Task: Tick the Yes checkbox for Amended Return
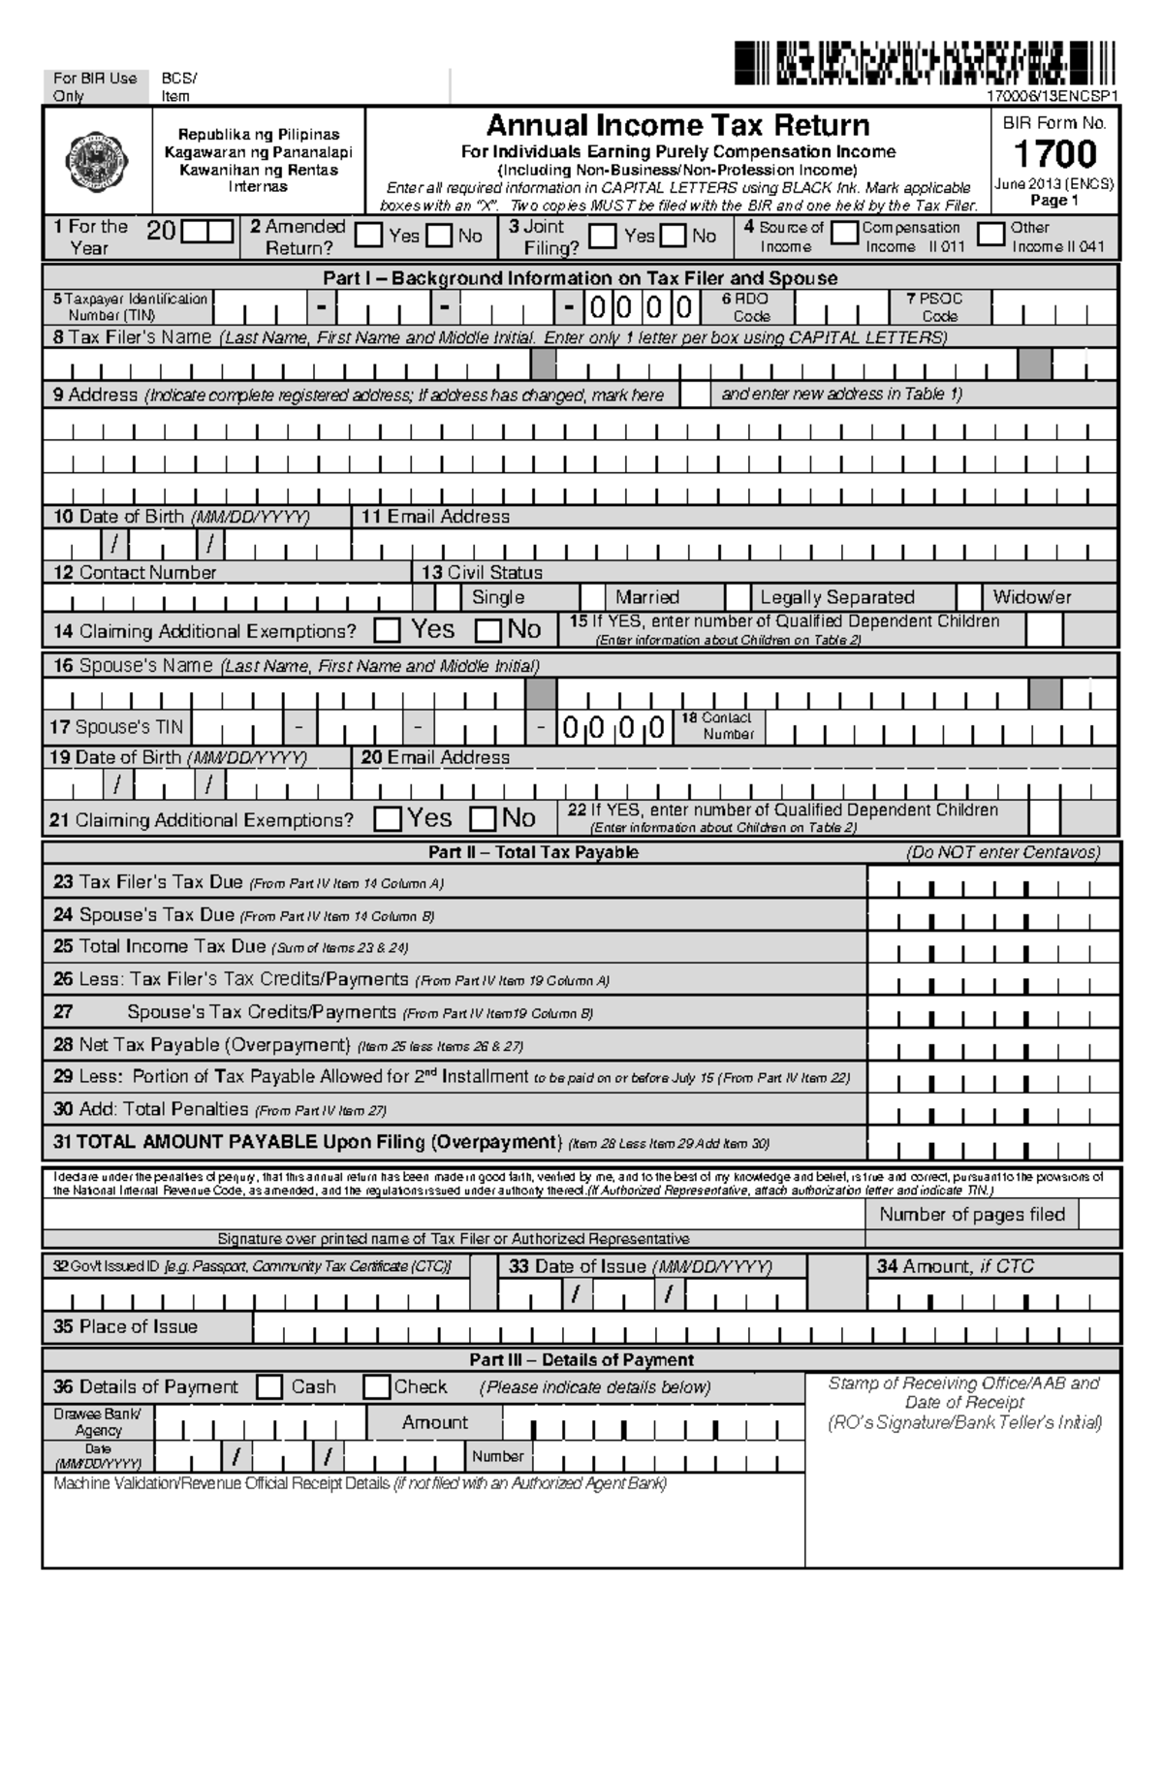[x=368, y=236]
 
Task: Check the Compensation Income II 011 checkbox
[x=845, y=233]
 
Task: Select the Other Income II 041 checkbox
[x=990, y=234]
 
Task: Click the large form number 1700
[x=1054, y=154]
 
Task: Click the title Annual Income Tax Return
[x=677, y=125]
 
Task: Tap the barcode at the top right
[x=926, y=63]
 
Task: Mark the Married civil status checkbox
[x=593, y=596]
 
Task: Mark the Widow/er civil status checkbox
[x=969, y=596]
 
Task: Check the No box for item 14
[x=488, y=631]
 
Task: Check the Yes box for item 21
[x=388, y=819]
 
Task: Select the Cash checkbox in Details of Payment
[x=269, y=1387]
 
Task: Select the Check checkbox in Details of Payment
[x=376, y=1387]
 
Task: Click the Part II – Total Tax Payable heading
[x=533, y=852]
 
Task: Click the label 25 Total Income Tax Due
[x=160, y=946]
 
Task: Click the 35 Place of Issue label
[x=126, y=1326]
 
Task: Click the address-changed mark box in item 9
[x=694, y=395]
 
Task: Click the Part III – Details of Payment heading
[x=581, y=1359]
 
